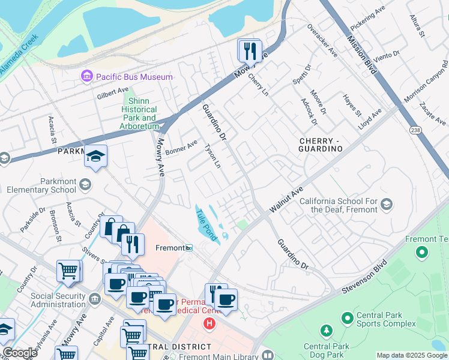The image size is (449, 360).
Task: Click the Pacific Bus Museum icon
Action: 87,76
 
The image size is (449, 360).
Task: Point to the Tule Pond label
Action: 206,224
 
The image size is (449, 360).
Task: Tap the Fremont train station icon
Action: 189,248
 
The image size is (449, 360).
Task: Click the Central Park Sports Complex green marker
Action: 346,316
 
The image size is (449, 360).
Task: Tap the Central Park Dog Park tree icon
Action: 326,331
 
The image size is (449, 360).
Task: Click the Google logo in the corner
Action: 20,353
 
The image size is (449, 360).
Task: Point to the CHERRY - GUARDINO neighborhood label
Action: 321,144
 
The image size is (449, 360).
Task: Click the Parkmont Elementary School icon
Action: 85,184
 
